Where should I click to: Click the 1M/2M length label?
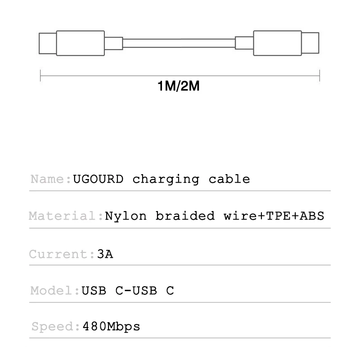coord(179,85)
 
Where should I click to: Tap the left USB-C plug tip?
coord(47,43)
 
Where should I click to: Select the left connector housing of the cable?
coord(80,43)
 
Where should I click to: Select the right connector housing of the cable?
coord(277,43)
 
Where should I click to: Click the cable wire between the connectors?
coord(179,43)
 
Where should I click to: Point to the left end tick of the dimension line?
coord(40,75)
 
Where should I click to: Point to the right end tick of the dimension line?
coord(319,75)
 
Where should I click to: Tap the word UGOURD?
coord(98,179)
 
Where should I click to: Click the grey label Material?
coord(66,216)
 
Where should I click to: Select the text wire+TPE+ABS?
coord(274,216)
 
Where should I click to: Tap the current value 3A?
coord(105,254)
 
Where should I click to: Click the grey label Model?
coord(55,291)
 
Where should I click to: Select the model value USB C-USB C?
coord(127,291)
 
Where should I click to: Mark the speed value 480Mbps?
coord(111,327)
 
